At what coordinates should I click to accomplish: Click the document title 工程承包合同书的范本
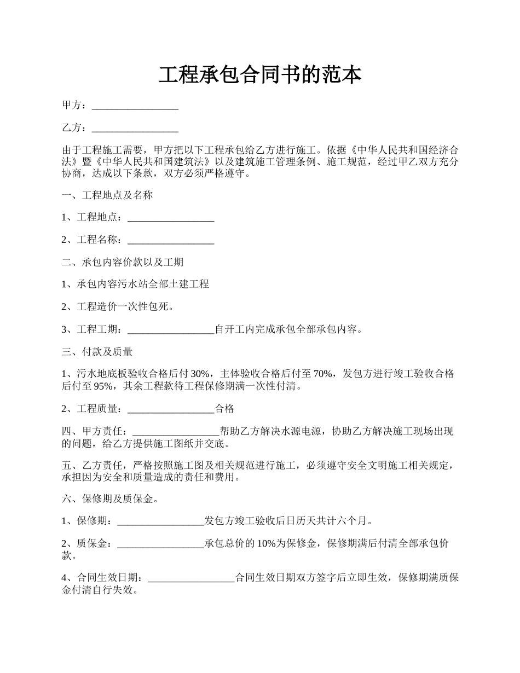point(260,75)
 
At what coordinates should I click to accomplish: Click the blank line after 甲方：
point(135,106)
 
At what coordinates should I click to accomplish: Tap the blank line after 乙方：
point(135,129)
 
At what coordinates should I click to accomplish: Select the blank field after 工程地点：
point(170,218)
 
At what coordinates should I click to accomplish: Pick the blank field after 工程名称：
point(170,240)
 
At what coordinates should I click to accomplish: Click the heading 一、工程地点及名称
point(107,195)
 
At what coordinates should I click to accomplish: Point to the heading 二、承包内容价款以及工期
point(123,263)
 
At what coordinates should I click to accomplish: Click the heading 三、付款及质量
point(97,352)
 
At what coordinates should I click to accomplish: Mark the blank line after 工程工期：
point(170,330)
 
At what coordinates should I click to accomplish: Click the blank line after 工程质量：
point(170,409)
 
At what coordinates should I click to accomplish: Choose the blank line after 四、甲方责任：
point(176,431)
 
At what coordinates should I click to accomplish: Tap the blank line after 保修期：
point(161,521)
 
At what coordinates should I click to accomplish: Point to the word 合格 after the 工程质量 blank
point(224,409)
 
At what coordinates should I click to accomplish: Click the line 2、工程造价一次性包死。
point(118,308)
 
